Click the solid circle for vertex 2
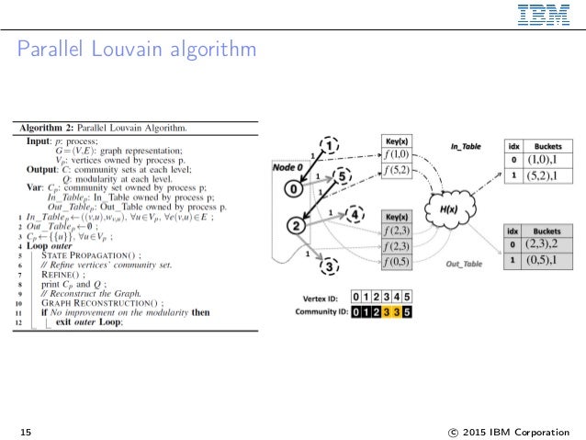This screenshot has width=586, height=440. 296,224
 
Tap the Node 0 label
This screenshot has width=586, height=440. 288,167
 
